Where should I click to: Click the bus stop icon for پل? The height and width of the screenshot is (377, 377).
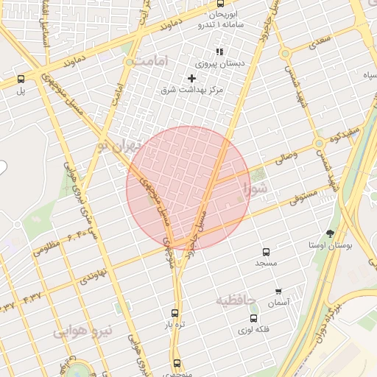coord(21,79)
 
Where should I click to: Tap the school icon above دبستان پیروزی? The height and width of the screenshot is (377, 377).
coord(219,52)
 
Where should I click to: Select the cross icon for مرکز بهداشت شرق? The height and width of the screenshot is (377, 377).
coord(192,78)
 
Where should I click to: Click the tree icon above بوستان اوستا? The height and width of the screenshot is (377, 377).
coord(329,233)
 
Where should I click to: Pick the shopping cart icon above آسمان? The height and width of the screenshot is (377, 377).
coord(278,292)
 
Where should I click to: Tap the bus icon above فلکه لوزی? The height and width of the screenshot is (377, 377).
coord(254,319)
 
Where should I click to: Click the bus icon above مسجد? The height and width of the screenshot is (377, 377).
coord(266,252)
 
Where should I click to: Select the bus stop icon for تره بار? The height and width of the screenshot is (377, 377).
coord(175,313)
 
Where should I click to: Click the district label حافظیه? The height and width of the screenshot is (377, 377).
coord(236,300)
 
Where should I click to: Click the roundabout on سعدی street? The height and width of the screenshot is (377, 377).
coord(285,54)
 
